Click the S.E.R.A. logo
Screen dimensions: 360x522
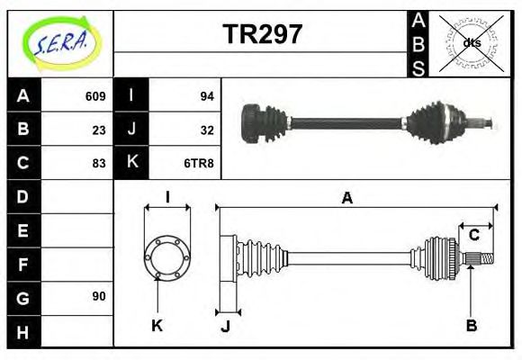coord(59,41)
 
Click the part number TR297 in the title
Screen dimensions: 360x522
coord(262,35)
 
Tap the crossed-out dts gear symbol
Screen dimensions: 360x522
coord(471,42)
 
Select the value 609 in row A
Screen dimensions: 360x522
coord(95,96)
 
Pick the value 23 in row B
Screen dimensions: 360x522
coord(99,130)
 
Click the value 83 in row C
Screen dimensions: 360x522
coord(99,163)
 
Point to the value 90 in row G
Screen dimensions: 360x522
coord(99,296)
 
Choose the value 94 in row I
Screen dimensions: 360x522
coord(207,96)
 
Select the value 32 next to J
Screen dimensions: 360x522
coord(207,130)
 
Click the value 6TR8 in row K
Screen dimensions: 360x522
coord(199,163)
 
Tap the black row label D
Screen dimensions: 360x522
coord(23,196)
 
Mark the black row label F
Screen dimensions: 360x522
coord(23,264)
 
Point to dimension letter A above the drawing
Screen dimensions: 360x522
coord(346,198)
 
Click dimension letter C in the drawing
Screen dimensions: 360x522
coord(473,236)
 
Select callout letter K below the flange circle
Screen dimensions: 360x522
coord(157,325)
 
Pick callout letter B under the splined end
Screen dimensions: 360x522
coord(471,325)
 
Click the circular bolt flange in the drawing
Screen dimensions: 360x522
coord(167,256)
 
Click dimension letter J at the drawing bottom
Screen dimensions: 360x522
coord(225,327)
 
